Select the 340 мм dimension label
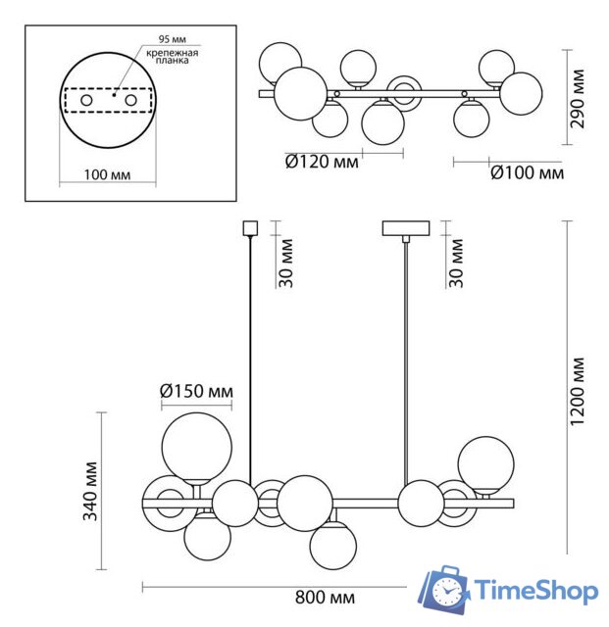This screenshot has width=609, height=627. tap(90, 491)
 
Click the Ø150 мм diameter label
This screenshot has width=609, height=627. tap(197, 393)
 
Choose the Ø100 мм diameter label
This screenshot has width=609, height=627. tap(527, 173)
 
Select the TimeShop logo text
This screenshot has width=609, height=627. tap(537, 590)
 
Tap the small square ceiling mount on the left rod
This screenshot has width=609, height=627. tap(248, 228)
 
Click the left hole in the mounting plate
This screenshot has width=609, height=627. tap(85, 101)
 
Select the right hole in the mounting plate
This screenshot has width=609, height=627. tap(128, 101)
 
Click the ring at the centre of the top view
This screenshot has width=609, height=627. tap(403, 93)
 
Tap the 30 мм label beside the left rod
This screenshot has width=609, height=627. tap(284, 264)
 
